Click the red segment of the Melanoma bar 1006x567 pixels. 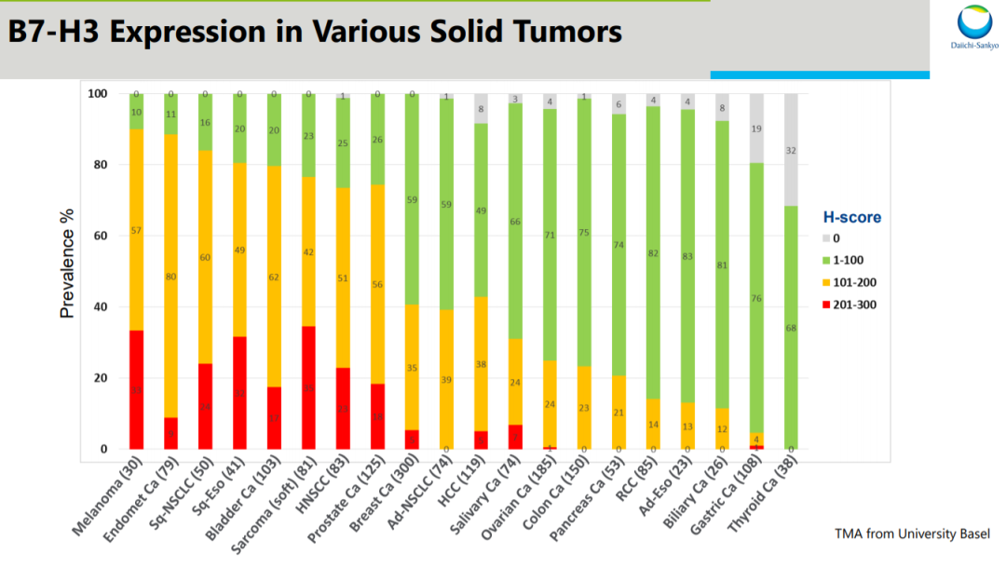(x=136, y=389)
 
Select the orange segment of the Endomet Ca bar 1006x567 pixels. (x=170, y=276)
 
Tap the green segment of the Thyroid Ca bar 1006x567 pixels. (x=791, y=328)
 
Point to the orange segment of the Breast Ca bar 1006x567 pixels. (x=412, y=367)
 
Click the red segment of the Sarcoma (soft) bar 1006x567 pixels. (x=308, y=387)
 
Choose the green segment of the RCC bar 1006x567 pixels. (x=653, y=252)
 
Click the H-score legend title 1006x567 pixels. (x=850, y=218)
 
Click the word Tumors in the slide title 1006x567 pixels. (x=561, y=33)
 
